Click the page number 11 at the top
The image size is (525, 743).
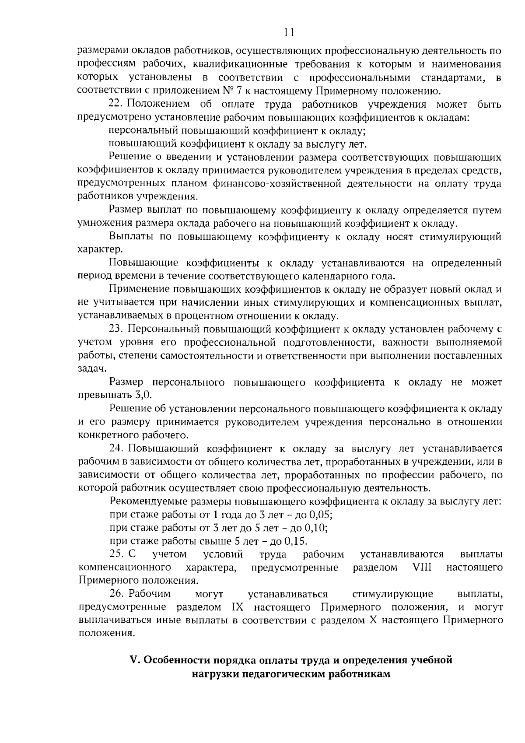click(x=288, y=32)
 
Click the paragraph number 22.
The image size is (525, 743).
click(x=115, y=104)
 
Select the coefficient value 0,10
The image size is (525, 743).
click(x=317, y=528)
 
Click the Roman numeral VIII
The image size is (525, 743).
click(x=422, y=568)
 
